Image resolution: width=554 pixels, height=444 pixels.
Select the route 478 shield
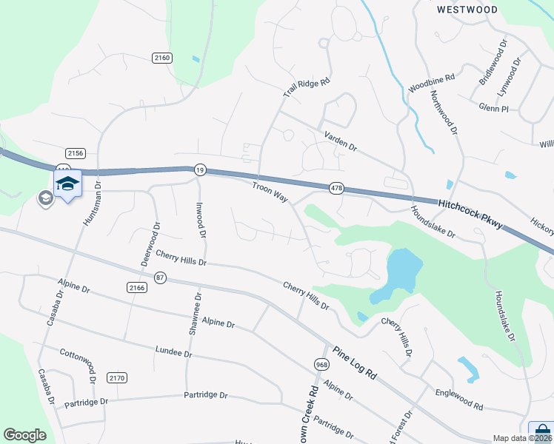click(337, 189)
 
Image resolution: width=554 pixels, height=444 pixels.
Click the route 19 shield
click(199, 169)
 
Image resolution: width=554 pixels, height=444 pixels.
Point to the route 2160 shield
click(162, 58)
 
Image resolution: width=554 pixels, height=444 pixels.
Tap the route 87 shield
click(160, 277)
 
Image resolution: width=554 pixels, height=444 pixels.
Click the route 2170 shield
click(117, 378)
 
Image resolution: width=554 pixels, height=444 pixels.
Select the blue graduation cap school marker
click(67, 184)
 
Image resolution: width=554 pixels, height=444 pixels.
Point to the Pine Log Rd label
click(356, 363)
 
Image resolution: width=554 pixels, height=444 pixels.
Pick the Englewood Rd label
click(459, 401)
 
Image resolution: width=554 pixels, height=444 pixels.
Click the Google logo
click(24, 435)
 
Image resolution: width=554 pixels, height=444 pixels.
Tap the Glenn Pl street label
click(493, 108)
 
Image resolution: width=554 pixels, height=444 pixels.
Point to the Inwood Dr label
click(199, 219)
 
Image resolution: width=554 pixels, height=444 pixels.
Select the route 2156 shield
click(75, 153)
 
